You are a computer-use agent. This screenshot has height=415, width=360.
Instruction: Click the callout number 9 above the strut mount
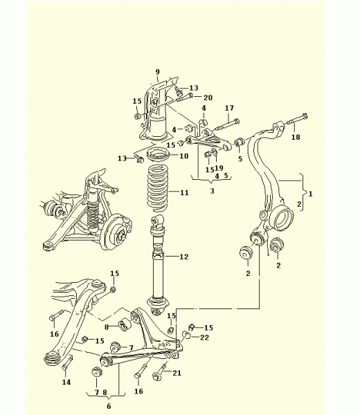coord(158,72)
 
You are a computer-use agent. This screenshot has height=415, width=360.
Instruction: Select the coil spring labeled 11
coord(158,188)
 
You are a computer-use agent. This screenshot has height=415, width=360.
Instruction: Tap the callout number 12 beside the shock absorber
coord(184,257)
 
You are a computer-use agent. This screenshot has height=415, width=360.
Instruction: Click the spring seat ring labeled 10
coord(158,156)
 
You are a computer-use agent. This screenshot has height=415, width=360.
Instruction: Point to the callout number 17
coord(229,108)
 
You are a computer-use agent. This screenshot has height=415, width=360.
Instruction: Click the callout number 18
coord(296,137)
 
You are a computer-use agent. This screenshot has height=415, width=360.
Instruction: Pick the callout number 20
coord(208,98)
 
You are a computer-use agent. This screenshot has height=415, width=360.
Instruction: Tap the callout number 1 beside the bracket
coord(310,194)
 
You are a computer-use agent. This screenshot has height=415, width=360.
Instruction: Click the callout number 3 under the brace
coord(212,191)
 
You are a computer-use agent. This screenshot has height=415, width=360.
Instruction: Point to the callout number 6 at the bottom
coord(109,406)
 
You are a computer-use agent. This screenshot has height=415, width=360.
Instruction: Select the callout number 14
coord(66,382)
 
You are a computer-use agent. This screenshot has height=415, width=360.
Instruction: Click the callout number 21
coord(177,373)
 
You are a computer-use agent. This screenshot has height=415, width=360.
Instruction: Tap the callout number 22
coord(204,338)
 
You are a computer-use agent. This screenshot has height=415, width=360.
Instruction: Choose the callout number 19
coord(219,168)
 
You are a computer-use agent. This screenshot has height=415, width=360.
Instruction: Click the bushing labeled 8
coord(124,325)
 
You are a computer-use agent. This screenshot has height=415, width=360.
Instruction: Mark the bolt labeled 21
coord(160,371)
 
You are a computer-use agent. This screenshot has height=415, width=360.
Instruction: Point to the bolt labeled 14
coord(67,363)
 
